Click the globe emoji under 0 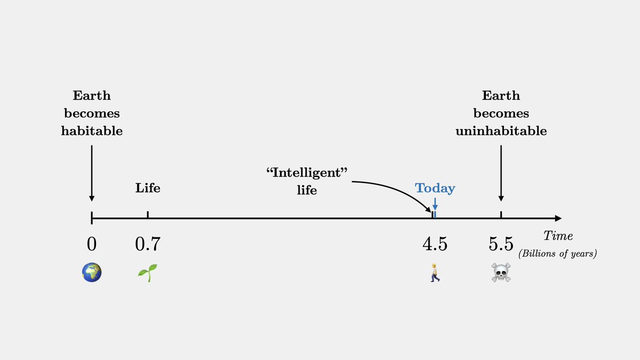pos(92,273)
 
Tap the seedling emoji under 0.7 pos(148,273)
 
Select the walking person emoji pos(435,273)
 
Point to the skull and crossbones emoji pos(501,273)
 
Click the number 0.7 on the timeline pos(148,244)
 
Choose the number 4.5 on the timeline pos(435,244)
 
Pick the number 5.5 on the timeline pos(501,244)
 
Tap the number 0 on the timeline pos(92,244)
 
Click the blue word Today pos(435,188)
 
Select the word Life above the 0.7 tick pos(148,188)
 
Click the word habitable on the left pos(92,131)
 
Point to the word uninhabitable pos(501,131)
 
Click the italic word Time pos(558,236)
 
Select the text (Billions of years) pos(557,253)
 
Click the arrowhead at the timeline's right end pos(558,218)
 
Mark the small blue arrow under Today pos(435,204)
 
